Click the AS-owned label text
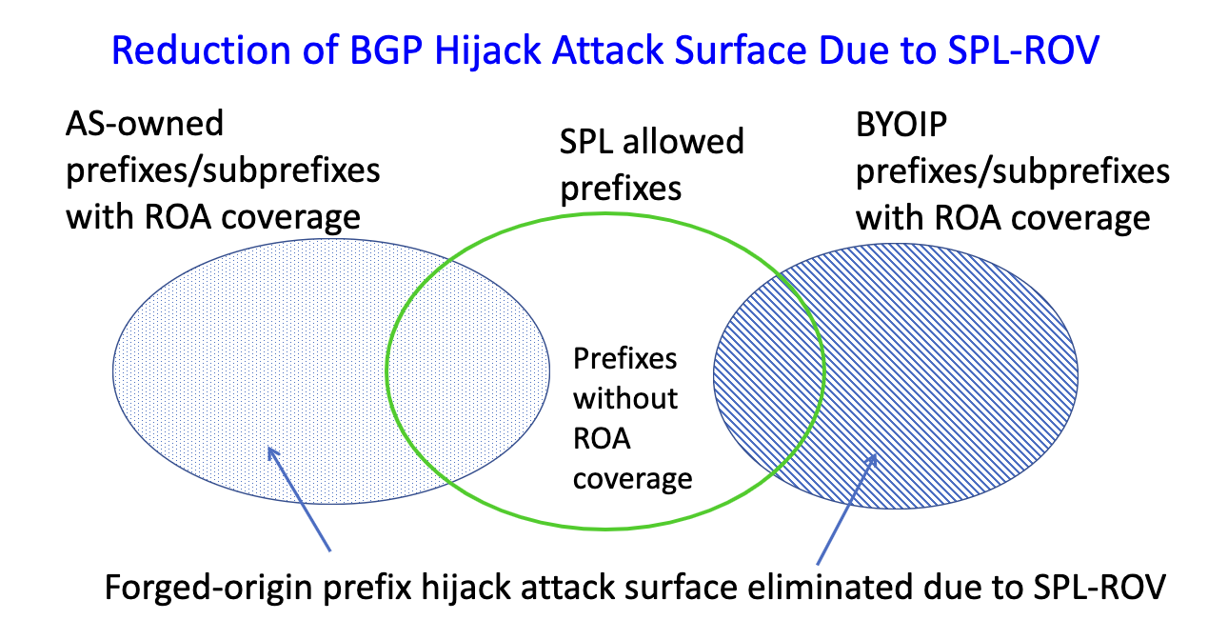144,124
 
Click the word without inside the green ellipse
624,397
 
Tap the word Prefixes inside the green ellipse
625,358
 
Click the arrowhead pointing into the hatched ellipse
871,458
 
